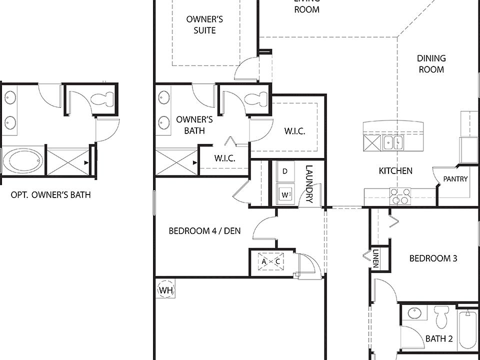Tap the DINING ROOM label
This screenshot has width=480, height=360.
coord(431,64)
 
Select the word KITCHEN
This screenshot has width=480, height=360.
coord(395,171)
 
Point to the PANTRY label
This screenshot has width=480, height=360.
coord(455,179)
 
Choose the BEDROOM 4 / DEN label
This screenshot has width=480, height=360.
coord(204,231)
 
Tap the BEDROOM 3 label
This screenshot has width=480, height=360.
coord(433,258)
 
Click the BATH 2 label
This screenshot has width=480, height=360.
coord(439,339)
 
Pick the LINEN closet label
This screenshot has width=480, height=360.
coord(375,259)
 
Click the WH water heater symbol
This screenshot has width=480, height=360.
coord(165,290)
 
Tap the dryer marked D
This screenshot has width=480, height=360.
coord(285,171)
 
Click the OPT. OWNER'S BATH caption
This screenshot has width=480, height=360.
coord(51,195)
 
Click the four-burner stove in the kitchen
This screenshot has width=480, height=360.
coord(400,196)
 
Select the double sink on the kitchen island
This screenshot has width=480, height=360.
coord(393,143)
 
